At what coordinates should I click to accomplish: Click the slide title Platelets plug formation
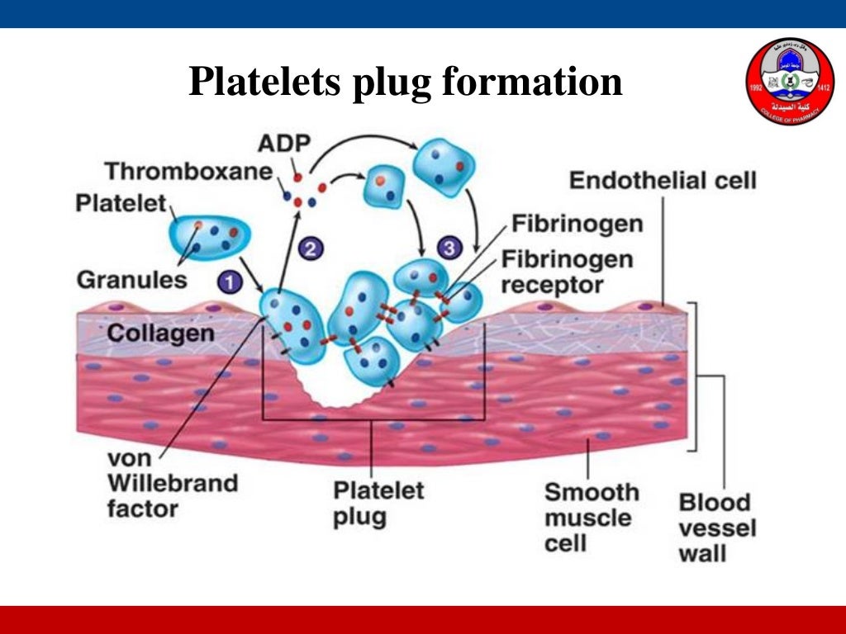405,82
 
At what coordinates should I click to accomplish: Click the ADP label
284,143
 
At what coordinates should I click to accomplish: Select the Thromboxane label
188,172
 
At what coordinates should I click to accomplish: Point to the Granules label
132,280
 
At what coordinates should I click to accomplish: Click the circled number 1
231,282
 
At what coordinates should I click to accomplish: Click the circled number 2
310,247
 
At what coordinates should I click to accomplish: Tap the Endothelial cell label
663,181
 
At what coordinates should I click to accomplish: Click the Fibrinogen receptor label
567,272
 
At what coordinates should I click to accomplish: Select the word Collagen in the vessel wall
161,334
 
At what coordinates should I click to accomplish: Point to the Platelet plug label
378,503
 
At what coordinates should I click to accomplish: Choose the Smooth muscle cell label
592,518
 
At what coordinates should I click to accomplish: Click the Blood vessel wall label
715,528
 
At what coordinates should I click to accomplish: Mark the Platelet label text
121,202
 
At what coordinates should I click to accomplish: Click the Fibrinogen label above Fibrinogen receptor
577,224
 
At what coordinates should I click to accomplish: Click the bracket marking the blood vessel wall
696,376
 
